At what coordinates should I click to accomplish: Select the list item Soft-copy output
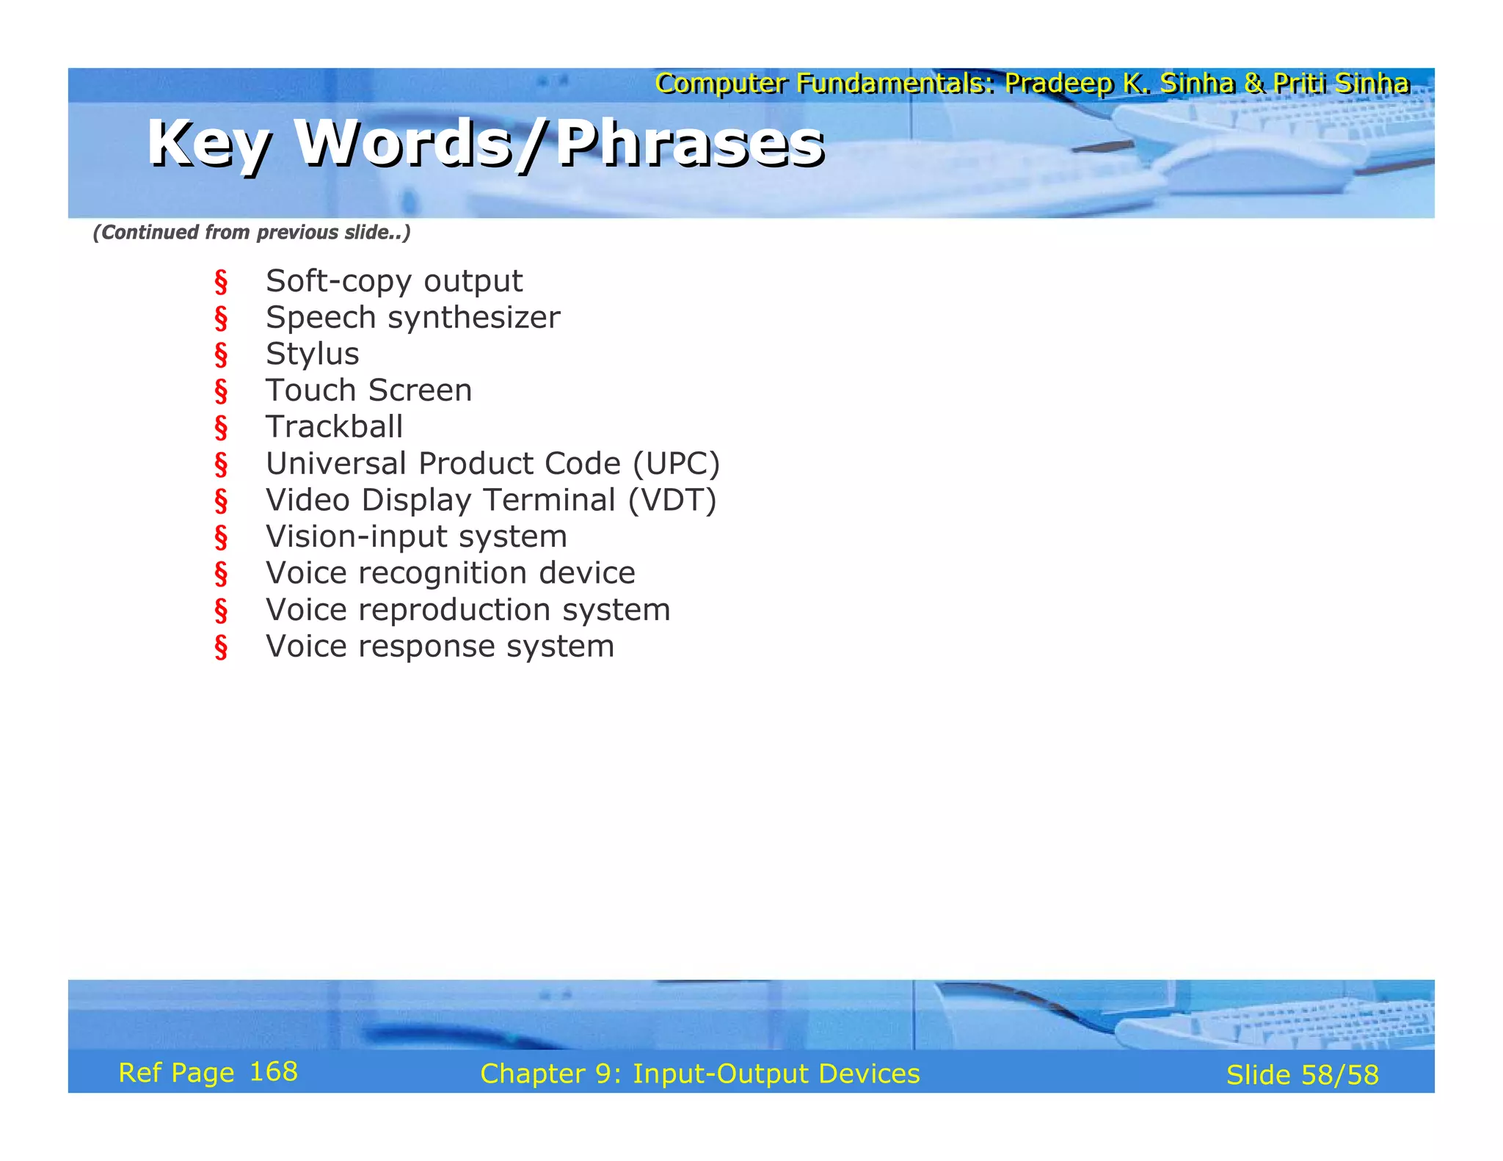tap(394, 281)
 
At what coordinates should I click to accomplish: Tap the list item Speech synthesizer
tap(412, 318)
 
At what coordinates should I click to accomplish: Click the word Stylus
tap(312, 354)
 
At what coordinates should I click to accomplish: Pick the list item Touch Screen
tap(368, 390)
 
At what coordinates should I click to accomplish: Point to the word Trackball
tap(334, 427)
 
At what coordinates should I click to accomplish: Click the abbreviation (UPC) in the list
tap(676, 464)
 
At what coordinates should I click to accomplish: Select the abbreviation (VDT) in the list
tap(672, 501)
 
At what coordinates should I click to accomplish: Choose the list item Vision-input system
tap(416, 536)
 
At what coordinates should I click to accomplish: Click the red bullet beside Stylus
tap(221, 355)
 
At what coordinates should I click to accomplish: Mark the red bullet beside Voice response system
tap(221, 647)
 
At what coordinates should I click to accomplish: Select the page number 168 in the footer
tap(274, 1072)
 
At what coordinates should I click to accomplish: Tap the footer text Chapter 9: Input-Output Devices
tap(699, 1074)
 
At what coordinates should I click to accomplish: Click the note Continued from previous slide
tap(251, 233)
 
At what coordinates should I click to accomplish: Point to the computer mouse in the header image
tap(1255, 165)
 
